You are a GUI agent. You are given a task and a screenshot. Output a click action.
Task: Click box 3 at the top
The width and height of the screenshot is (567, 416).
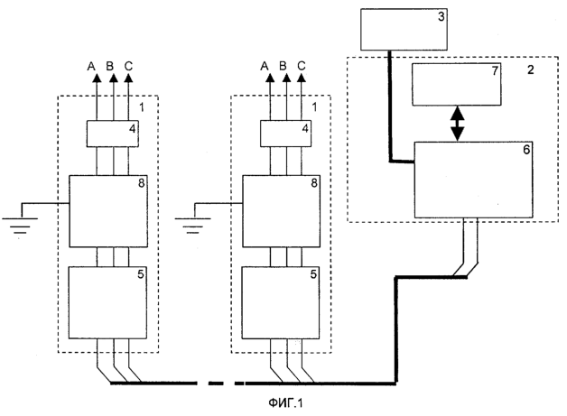point(404,29)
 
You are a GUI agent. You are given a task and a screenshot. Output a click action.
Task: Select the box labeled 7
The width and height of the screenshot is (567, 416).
point(457,84)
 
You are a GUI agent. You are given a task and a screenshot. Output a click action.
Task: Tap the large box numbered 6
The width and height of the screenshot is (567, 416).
point(473,180)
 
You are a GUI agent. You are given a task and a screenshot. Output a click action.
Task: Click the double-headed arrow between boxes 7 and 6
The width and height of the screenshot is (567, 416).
point(458,124)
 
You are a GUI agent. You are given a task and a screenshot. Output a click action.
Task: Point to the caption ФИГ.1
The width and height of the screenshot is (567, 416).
point(285,402)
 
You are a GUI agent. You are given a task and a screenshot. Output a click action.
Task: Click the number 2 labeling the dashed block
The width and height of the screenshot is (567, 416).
point(530,69)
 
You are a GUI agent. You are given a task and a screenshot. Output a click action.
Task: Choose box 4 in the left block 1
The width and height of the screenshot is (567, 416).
point(113,134)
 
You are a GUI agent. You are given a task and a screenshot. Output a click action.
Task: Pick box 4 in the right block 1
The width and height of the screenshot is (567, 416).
point(285,134)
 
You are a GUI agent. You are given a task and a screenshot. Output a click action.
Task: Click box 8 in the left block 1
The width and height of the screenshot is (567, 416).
point(108,211)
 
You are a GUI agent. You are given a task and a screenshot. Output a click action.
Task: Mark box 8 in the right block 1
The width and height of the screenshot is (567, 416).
point(282,211)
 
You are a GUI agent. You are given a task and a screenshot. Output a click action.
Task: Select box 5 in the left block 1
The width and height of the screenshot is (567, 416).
point(107,302)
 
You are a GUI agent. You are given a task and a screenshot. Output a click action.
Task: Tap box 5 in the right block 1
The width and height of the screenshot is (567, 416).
point(281,302)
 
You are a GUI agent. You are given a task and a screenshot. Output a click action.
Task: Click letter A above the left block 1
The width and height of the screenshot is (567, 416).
point(91,67)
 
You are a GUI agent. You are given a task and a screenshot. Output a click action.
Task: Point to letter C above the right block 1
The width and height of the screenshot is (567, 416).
point(302,66)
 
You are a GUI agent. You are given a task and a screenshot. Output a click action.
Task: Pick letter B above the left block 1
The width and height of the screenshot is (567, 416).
point(110,66)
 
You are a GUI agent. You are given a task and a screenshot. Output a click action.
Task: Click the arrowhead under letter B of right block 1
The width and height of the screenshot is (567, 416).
point(286,78)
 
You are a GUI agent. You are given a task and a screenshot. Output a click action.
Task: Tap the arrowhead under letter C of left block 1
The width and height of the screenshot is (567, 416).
point(128,78)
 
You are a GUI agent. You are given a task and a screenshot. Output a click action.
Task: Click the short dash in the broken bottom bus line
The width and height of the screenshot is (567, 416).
point(239,384)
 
